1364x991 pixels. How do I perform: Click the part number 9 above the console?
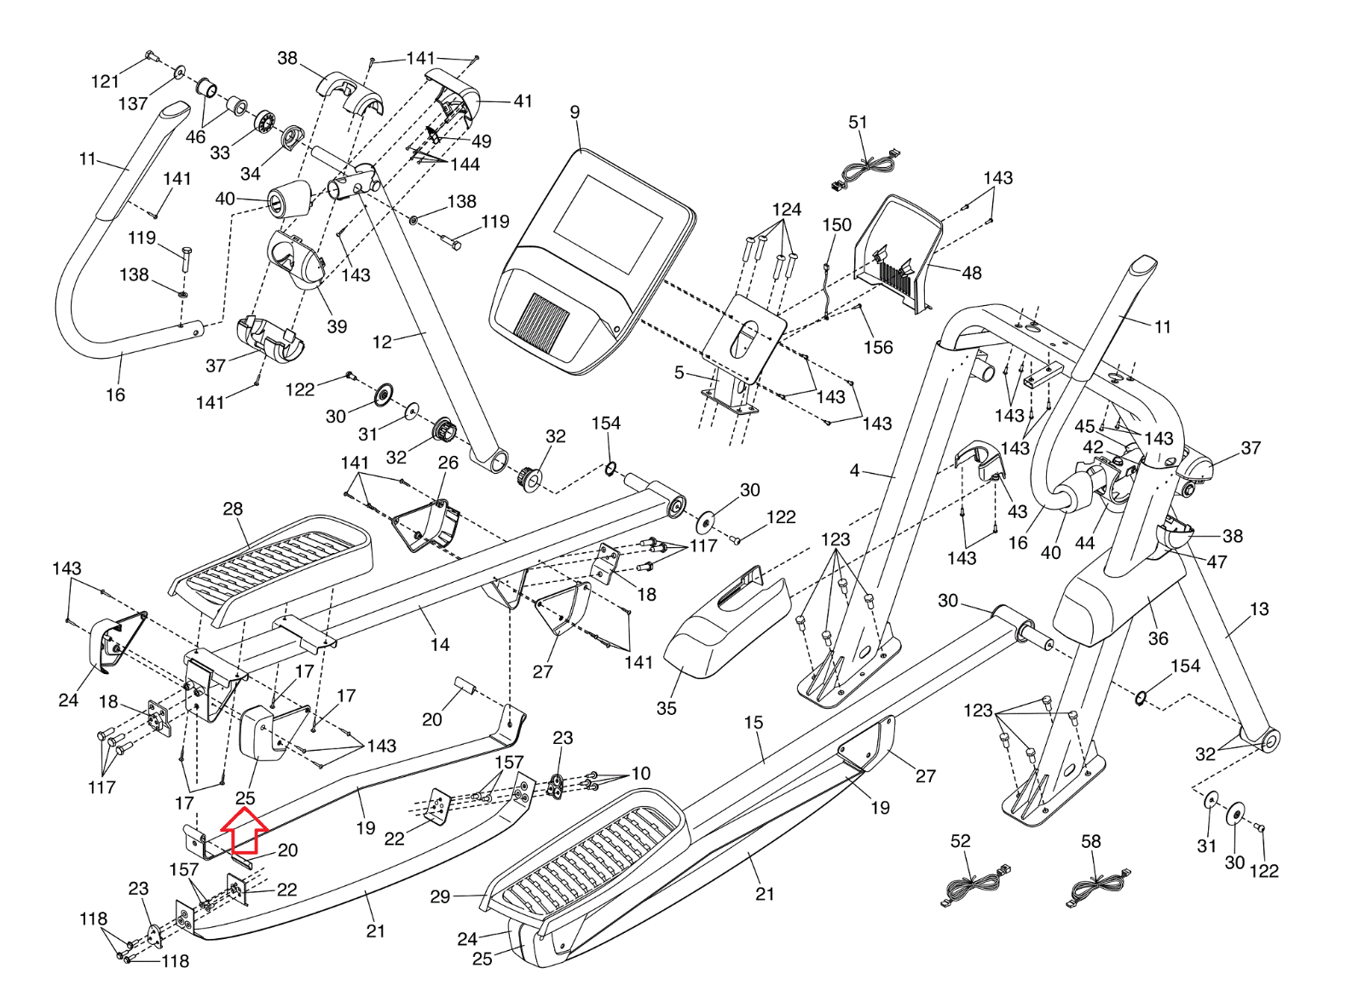tap(575, 112)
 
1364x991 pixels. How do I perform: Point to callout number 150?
tap(836, 225)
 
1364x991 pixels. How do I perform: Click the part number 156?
tap(878, 347)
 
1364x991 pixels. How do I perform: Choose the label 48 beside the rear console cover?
tap(972, 273)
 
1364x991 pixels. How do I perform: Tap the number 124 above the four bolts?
tap(786, 210)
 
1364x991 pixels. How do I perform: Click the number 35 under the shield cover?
tap(666, 708)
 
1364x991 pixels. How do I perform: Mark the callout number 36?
tap(1158, 638)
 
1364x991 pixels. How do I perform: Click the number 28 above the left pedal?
tap(233, 509)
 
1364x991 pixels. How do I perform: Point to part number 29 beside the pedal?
tap(440, 896)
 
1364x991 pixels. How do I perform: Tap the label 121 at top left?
tap(105, 81)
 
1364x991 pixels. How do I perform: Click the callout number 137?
tap(133, 103)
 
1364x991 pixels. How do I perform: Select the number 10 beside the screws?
tap(640, 774)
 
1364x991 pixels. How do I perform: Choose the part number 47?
tap(1217, 562)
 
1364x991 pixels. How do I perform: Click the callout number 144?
tap(465, 164)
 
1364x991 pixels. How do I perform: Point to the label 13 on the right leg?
tap(1259, 609)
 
